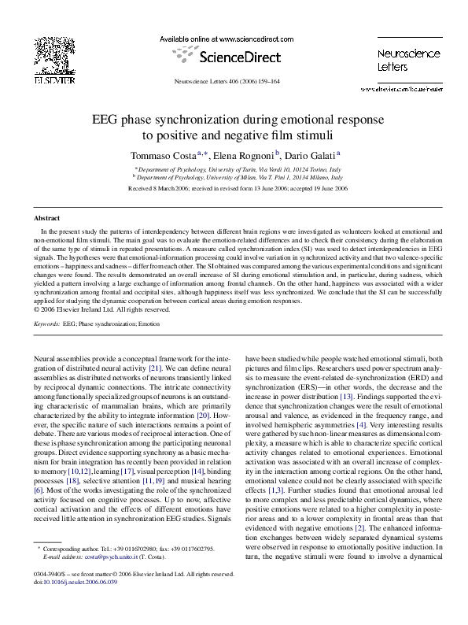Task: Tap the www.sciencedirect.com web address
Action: (245, 38)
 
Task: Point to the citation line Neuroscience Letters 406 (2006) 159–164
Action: (234, 83)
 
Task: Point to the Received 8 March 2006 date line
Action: (234, 190)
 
